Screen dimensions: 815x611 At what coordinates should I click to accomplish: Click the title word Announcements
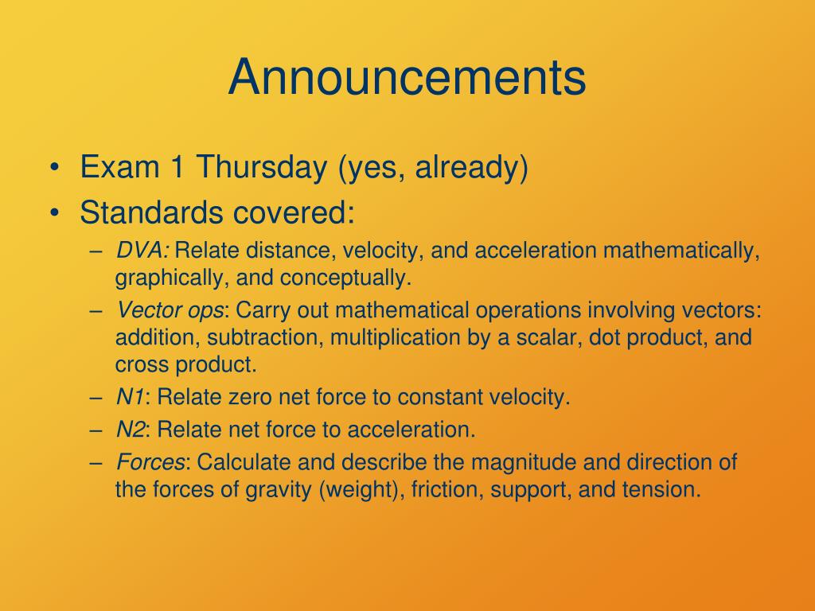point(407,77)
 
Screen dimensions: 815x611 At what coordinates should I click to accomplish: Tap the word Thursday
point(261,167)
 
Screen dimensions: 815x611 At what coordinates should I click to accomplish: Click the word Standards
point(152,212)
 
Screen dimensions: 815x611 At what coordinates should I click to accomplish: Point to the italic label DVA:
point(142,251)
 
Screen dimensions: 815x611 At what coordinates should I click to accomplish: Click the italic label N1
point(130,397)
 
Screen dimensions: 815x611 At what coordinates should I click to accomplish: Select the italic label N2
point(130,430)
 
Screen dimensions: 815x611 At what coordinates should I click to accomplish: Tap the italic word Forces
point(150,462)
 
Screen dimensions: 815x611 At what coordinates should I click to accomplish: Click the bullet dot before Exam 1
point(54,168)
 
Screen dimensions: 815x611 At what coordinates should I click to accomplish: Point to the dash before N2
point(96,430)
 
